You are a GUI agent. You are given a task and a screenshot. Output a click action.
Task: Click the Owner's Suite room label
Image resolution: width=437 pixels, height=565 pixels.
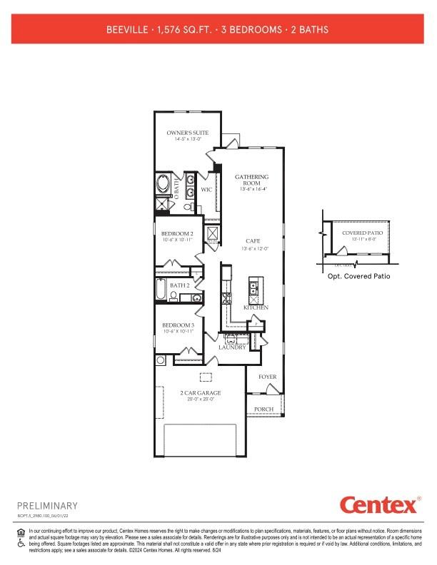pos(187,133)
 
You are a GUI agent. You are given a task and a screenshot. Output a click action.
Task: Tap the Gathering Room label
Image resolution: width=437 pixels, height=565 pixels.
pos(251,180)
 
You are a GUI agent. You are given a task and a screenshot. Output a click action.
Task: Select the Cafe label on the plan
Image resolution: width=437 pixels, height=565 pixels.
pos(251,241)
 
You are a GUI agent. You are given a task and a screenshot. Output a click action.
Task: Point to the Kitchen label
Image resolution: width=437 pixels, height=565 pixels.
pos(256,307)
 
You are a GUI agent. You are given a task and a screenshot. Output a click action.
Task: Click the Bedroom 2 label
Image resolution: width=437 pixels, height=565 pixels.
pos(176,234)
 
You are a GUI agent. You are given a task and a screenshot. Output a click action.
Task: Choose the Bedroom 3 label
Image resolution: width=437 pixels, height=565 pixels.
pos(176,325)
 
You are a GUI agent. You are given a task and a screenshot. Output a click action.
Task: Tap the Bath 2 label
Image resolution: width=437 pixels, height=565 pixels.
pos(179,285)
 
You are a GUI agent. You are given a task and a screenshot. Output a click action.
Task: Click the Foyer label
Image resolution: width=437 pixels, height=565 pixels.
pos(267,377)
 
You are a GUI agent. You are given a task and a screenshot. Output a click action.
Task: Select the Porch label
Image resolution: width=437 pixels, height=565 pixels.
pos(264,409)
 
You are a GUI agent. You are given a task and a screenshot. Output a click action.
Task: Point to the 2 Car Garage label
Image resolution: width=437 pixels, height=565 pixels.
pos(200,393)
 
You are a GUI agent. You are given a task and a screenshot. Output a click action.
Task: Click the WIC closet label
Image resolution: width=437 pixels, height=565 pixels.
pos(206,190)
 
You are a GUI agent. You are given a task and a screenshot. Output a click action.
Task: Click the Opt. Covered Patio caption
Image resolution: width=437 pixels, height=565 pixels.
pos(358,276)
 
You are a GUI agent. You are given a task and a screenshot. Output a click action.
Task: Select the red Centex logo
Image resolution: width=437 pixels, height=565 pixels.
pos(378,506)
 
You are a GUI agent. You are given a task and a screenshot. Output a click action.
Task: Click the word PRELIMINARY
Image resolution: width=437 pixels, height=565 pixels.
pos(46,505)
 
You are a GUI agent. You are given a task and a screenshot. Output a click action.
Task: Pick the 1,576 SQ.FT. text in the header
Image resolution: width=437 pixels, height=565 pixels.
pos(188,30)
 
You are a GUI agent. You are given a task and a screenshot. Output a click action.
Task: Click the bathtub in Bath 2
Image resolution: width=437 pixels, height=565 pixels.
pos(162,291)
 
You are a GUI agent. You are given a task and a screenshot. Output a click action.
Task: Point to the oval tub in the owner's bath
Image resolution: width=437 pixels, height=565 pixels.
pos(163,185)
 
